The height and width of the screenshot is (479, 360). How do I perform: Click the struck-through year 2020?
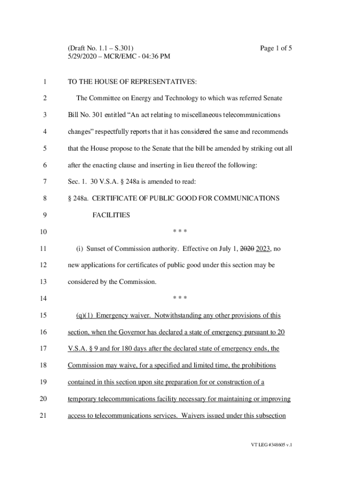pos(248,249)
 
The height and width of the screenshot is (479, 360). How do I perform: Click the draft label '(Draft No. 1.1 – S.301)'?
pos(101,48)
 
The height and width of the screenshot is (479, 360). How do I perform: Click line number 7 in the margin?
pos(44,182)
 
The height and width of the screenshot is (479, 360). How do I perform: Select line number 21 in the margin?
pos(44,415)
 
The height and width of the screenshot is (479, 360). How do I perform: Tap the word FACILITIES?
pos(111,215)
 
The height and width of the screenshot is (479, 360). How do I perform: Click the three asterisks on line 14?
pos(180,299)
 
